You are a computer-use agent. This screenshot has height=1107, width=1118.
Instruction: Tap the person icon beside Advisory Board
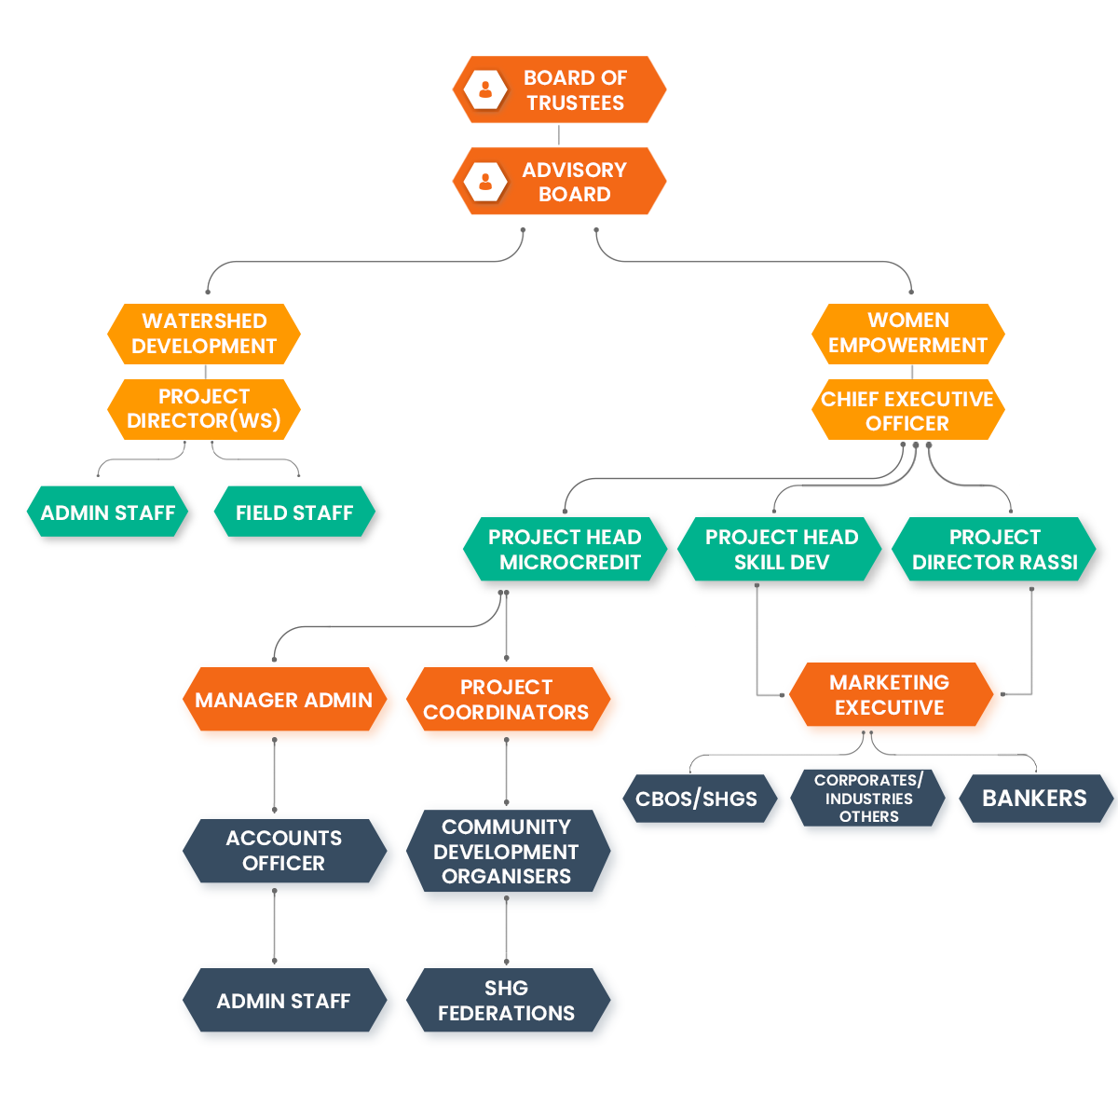point(485,181)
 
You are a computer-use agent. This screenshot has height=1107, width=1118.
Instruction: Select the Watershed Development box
point(204,334)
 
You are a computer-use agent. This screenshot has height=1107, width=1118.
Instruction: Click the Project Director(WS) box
point(204,409)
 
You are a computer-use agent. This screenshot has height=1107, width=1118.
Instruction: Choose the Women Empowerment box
point(907,333)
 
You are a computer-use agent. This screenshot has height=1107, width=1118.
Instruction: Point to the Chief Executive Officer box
point(907,411)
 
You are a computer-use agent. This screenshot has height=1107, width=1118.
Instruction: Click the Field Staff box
point(294,512)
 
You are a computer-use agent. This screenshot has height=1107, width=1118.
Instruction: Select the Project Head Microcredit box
point(565,550)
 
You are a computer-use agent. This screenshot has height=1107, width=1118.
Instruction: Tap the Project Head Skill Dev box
point(781,550)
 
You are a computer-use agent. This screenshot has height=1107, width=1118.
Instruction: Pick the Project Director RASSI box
point(994,550)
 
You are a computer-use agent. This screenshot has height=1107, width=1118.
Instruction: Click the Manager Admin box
point(284,701)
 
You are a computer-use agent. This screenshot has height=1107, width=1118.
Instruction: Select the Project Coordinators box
point(506,700)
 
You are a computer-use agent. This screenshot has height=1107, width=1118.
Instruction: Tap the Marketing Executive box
point(890,695)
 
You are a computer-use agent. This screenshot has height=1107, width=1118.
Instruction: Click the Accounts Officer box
point(284,851)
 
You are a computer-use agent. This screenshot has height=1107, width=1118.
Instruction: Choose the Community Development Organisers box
point(506,852)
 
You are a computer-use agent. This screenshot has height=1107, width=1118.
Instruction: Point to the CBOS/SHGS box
point(697,799)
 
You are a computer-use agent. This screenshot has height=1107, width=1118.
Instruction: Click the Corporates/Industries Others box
point(868,799)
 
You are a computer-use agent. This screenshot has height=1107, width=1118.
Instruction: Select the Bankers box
point(1034,799)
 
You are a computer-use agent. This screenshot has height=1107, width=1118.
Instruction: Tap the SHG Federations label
point(506,1001)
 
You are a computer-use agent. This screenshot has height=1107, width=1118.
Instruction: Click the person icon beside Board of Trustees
point(485,90)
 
